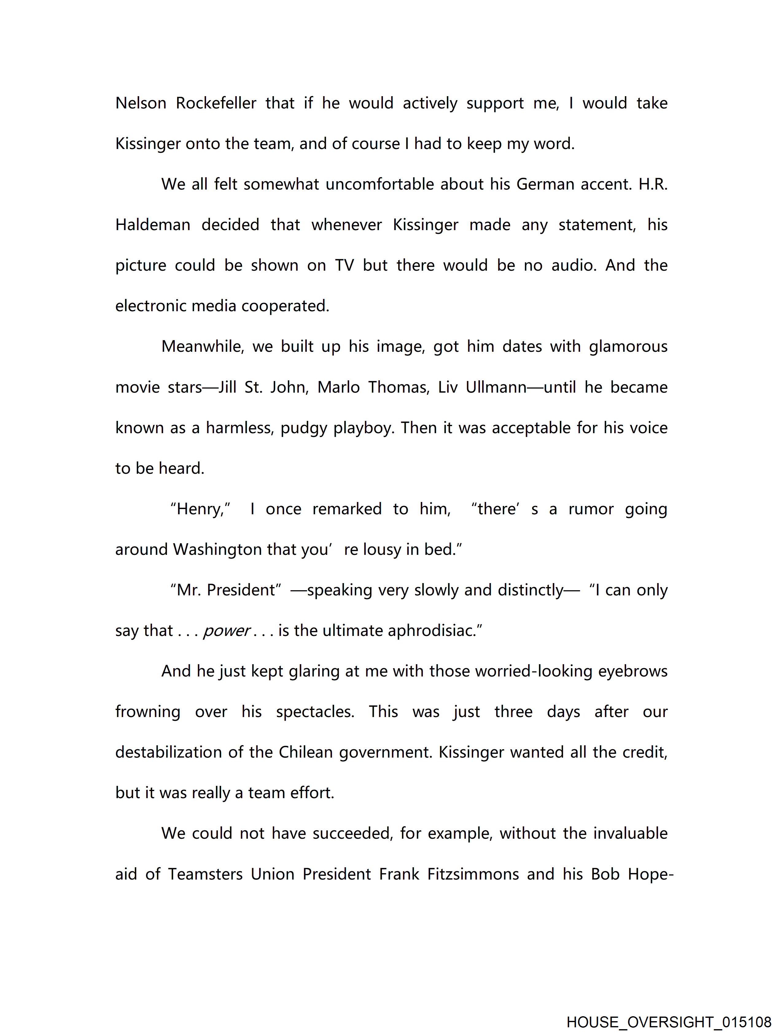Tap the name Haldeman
[x=153, y=225]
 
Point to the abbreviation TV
[x=344, y=266]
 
